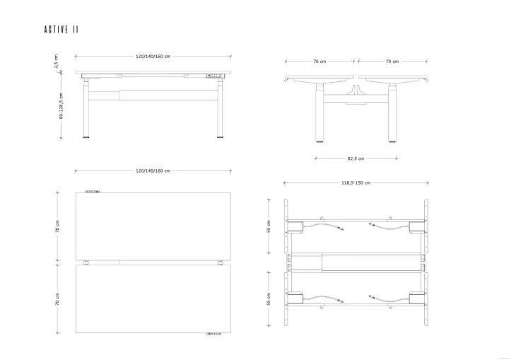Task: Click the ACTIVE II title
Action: point(62,30)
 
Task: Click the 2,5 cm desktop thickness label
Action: point(56,62)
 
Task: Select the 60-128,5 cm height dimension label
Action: point(61,105)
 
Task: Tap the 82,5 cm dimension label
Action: point(356,158)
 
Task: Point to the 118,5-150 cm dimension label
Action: point(356,183)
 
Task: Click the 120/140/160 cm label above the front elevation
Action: point(153,56)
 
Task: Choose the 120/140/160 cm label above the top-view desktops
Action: point(153,171)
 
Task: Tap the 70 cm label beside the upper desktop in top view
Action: point(57,226)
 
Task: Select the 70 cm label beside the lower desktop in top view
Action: point(57,299)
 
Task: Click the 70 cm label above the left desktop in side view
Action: point(320,62)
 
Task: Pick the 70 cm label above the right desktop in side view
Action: point(392,62)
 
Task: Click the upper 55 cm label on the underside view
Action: point(269,226)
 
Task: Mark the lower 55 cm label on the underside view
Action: point(269,299)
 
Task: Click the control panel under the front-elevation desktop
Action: point(214,76)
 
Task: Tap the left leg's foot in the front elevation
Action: point(86,137)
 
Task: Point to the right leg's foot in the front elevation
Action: point(220,137)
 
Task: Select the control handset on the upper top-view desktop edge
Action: point(93,192)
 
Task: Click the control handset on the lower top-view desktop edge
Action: point(214,334)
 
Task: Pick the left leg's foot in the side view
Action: point(320,141)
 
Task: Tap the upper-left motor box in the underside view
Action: point(295,227)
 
